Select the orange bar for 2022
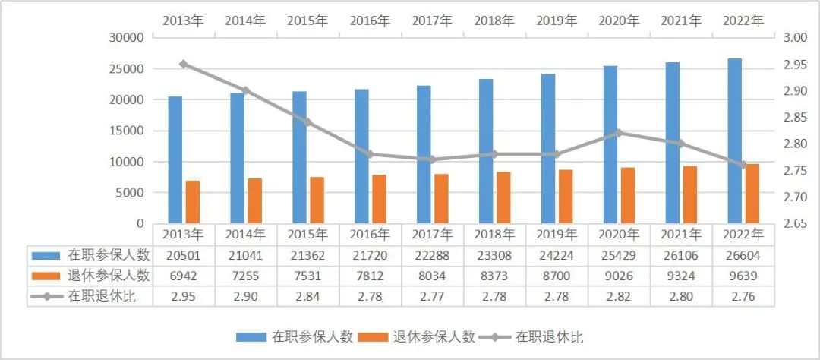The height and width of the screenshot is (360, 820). pos(752,194)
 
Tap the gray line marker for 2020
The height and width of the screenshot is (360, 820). pos(618,133)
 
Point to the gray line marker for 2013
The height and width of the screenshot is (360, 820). pos(183,65)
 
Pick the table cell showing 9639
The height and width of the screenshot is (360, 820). pos(743,276)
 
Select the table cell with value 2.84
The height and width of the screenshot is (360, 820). pos(307,296)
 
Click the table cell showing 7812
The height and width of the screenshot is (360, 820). pos(370,276)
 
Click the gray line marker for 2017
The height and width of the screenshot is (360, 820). pos(432,159)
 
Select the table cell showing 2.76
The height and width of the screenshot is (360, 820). pos(743,296)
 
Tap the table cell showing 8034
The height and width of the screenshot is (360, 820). pos(432,276)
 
